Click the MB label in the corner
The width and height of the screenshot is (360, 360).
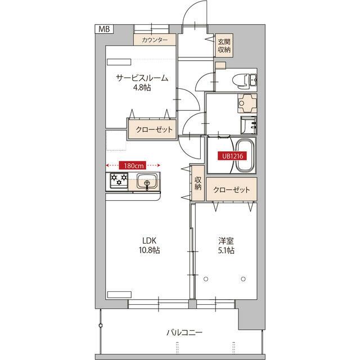(105, 29)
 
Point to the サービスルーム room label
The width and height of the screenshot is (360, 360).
(143, 78)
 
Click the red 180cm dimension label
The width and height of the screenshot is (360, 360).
(133, 165)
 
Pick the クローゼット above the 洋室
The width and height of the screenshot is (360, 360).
(231, 190)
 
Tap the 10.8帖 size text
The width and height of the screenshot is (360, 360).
(149, 250)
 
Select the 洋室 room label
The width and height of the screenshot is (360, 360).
(226, 241)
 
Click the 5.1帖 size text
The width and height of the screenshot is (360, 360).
(226, 250)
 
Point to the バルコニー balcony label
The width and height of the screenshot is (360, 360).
(184, 332)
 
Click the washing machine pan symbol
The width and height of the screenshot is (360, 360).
(246, 103)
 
